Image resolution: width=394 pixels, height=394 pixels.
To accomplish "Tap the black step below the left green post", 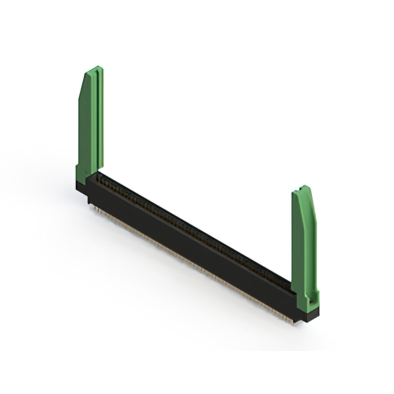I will click(x=82, y=188).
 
